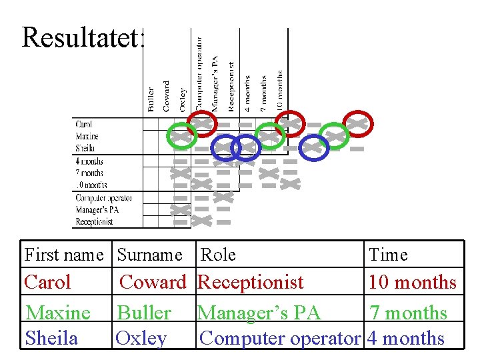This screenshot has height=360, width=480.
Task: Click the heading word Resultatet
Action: coord(83,37)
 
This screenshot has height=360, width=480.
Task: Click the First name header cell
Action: coord(64,255)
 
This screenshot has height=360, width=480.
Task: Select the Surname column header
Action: coord(149,255)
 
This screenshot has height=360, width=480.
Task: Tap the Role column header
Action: coord(218,255)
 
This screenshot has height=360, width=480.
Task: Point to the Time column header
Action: coord(388,255)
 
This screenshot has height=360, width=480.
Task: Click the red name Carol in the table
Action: coord(47,282)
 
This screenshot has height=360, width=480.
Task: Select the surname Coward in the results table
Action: coord(153,282)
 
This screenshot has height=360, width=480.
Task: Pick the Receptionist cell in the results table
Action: coord(251,282)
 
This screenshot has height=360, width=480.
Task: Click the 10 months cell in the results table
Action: coord(413,282)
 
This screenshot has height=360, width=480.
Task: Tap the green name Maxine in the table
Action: coord(58,312)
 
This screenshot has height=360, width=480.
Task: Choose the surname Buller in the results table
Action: coord(144,312)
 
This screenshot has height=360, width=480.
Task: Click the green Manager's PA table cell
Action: coord(259,312)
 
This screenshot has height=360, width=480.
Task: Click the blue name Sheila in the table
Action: coord(51,338)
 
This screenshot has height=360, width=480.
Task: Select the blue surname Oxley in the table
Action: coord(141,338)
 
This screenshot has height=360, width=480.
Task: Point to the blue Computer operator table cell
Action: coord(280,338)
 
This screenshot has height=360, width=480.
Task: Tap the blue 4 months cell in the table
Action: coord(406,338)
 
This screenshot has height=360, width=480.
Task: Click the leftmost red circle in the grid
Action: coord(200,123)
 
